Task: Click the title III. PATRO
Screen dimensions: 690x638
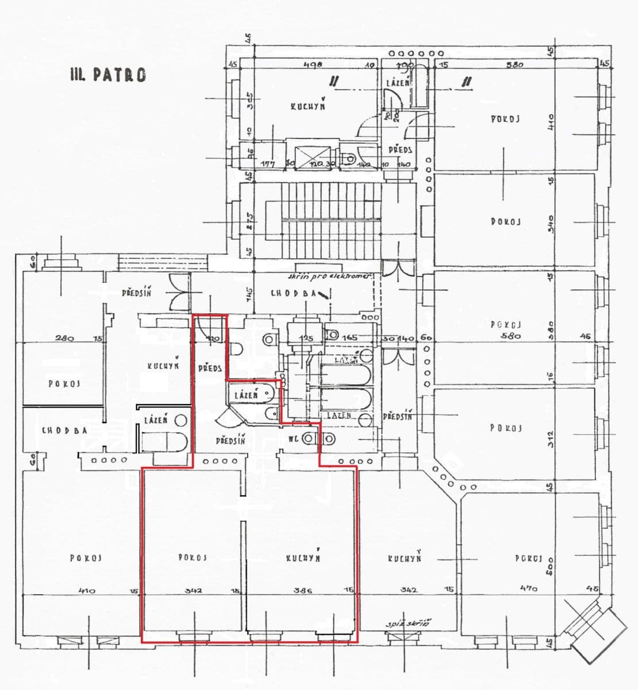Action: (x=107, y=75)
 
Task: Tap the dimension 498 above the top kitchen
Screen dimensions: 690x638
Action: (x=312, y=65)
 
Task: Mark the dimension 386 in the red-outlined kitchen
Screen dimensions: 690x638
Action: (x=302, y=590)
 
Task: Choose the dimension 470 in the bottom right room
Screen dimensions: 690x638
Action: (x=526, y=588)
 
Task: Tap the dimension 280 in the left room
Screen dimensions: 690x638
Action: (x=63, y=339)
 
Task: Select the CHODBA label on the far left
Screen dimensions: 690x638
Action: (x=64, y=430)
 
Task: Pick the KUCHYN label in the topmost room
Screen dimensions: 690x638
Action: (x=308, y=106)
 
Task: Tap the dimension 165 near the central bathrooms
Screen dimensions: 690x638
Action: (x=351, y=339)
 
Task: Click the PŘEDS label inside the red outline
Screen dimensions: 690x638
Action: (x=209, y=368)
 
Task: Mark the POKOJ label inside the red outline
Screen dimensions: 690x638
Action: (x=193, y=557)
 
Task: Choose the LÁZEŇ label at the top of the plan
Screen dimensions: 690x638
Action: (x=398, y=83)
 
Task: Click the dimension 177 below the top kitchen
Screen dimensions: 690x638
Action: (x=267, y=164)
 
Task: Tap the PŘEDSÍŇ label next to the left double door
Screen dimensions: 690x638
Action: (x=137, y=293)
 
